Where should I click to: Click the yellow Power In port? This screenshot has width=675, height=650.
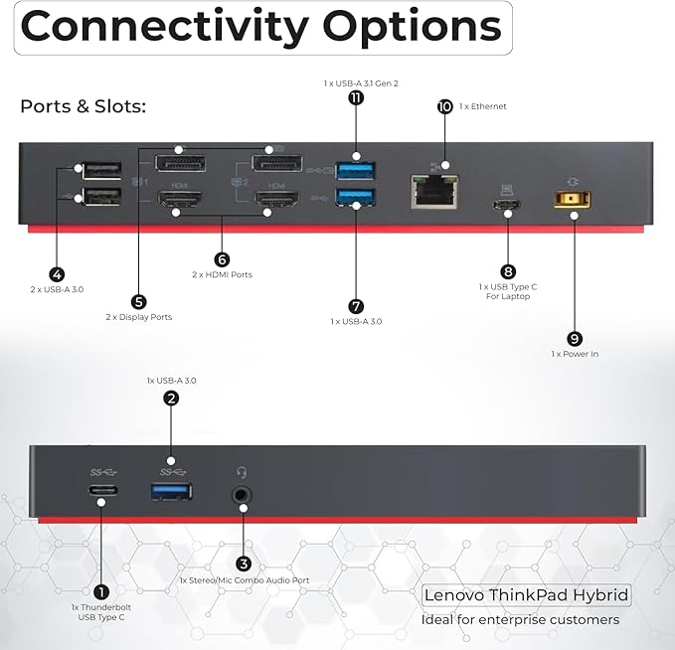click(x=572, y=200)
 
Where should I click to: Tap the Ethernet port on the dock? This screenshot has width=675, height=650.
click(x=433, y=192)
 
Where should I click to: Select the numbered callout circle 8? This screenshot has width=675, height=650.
click(x=508, y=271)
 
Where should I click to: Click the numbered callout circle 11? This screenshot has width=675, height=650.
click(x=356, y=97)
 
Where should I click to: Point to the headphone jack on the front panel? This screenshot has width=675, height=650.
click(x=242, y=495)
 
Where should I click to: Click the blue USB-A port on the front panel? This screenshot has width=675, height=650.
click(x=171, y=492)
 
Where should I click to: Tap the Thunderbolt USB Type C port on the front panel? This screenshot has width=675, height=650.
click(x=103, y=490)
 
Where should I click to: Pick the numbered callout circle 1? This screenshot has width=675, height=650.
click(x=101, y=592)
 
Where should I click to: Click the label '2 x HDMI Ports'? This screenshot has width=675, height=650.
click(x=222, y=274)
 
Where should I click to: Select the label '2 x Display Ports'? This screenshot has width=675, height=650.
click(x=139, y=317)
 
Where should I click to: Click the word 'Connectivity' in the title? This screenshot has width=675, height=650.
click(x=164, y=27)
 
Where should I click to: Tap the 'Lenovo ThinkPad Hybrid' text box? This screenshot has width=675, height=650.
click(x=526, y=595)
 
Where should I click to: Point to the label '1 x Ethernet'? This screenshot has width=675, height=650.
click(x=483, y=106)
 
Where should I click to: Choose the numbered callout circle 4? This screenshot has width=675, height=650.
click(x=57, y=274)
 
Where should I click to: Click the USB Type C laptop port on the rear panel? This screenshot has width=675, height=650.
click(x=508, y=204)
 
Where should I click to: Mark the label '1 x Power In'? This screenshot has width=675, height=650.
click(x=575, y=354)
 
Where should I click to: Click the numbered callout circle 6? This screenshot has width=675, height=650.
click(x=222, y=259)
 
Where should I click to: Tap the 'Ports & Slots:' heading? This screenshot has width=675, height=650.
click(x=84, y=106)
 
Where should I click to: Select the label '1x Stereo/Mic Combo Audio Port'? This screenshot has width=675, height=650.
click(x=245, y=580)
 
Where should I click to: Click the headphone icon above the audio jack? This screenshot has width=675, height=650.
click(x=242, y=473)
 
